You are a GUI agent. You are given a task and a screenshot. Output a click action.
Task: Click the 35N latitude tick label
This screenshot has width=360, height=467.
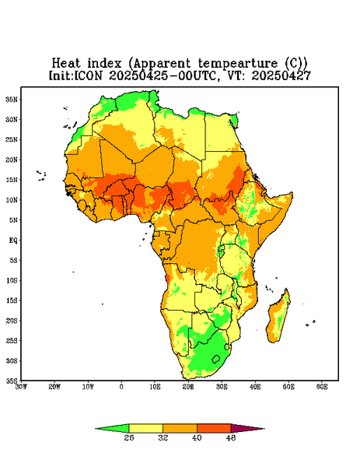[12, 99]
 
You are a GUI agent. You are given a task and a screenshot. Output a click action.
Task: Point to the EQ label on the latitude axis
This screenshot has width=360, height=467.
[13, 240]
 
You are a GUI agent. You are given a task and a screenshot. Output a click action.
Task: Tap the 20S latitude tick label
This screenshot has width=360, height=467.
[12, 321]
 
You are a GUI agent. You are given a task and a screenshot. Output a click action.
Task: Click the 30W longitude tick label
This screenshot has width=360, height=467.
[21, 387]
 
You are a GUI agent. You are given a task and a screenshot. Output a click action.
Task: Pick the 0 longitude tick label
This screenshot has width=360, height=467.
[121, 387]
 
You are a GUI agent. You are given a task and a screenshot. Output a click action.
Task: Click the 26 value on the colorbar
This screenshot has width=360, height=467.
[129, 437]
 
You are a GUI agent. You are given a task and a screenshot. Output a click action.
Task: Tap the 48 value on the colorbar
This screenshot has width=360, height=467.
[231, 437]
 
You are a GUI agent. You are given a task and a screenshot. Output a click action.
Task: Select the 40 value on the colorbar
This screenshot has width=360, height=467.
[197, 437]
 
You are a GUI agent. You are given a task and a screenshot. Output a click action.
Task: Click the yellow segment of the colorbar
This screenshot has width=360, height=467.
[145, 428]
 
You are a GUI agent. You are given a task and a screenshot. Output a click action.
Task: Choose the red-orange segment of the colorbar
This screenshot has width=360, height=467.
[214, 428]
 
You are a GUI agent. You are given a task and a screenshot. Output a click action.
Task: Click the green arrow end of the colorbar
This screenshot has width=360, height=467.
[112, 428]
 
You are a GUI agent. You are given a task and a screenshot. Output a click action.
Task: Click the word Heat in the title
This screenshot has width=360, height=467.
[66, 63]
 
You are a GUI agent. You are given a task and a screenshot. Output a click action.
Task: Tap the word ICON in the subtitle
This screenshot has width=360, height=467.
[89, 75]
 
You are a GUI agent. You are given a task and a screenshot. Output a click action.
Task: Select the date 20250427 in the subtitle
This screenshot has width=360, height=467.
[281, 75]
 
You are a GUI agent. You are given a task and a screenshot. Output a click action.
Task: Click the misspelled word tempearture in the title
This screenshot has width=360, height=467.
[238, 64]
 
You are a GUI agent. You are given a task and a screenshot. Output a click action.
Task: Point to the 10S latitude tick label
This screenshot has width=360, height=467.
[12, 280]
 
